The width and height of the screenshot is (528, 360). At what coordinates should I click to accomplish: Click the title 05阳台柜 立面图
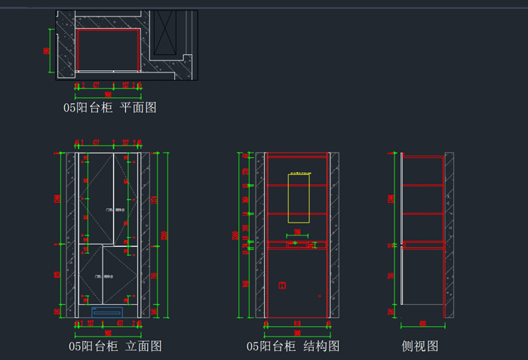115,346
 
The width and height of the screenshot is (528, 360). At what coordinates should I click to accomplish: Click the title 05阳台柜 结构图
293,346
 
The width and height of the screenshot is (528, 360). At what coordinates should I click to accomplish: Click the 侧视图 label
420,346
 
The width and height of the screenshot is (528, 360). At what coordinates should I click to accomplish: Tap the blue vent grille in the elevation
107,310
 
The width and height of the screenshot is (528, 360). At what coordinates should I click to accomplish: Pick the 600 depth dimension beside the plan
47,51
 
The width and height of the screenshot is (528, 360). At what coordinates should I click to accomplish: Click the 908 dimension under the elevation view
108,332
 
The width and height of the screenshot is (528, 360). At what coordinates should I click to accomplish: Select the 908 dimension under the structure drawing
297,332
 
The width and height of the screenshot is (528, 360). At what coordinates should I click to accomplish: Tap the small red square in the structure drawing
282,285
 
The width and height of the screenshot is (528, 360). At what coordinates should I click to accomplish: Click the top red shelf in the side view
422,158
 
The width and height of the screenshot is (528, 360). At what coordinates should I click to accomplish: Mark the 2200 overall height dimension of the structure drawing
235,234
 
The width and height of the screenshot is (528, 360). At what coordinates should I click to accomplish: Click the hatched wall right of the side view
449,234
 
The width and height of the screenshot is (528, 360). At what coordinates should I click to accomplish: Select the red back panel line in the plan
108,31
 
